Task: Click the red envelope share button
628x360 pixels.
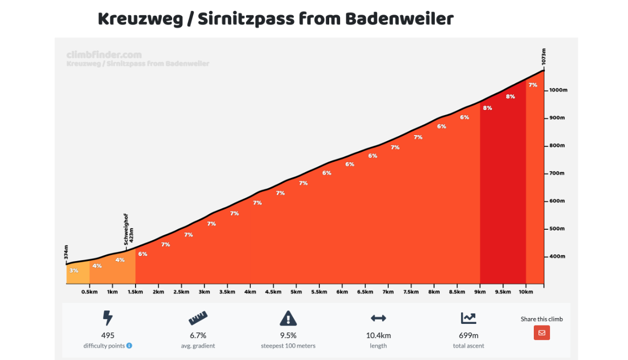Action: pos(542,332)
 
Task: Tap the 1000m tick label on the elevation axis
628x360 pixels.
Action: pos(558,90)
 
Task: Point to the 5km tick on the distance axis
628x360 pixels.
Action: pos(296,292)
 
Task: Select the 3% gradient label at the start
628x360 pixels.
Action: pos(74,271)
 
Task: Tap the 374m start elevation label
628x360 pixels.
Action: pos(66,252)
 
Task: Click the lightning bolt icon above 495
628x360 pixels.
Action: pos(107,318)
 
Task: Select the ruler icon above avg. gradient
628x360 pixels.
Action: pos(198,318)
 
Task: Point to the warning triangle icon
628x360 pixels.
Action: pos(288,318)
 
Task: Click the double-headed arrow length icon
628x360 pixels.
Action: pos(378,318)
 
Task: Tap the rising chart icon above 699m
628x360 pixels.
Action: pos(468,318)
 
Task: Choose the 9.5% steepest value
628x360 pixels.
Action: pos(288,335)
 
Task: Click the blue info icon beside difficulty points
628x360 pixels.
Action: pos(129,345)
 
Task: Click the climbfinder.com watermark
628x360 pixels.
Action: pos(104,54)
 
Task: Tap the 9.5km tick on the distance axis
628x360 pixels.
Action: pos(503,292)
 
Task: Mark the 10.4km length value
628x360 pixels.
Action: pos(378,335)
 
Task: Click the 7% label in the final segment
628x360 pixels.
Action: pos(533,85)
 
